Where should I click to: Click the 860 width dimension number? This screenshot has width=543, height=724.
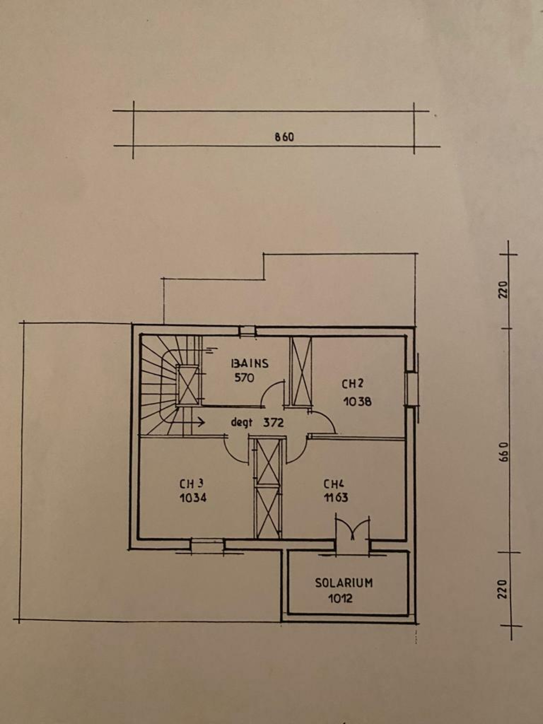click(x=284, y=137)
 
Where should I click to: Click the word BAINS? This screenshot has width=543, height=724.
click(x=250, y=364)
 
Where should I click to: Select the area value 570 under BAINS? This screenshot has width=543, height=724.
click(x=244, y=378)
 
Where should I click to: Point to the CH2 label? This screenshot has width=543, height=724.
click(x=352, y=384)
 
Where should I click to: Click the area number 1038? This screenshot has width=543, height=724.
click(x=357, y=402)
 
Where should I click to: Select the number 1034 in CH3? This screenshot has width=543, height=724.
click(x=193, y=498)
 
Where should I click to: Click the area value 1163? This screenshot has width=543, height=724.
click(x=336, y=498)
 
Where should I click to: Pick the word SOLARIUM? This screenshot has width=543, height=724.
click(x=343, y=583)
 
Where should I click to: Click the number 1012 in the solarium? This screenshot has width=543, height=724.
click(x=340, y=598)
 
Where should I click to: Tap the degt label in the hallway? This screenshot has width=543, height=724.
click(x=242, y=423)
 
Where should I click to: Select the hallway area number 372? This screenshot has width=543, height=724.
click(x=273, y=423)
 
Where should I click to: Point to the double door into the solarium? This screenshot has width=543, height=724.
click(x=353, y=530)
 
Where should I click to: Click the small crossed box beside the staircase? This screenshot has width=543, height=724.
click(x=187, y=386)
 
